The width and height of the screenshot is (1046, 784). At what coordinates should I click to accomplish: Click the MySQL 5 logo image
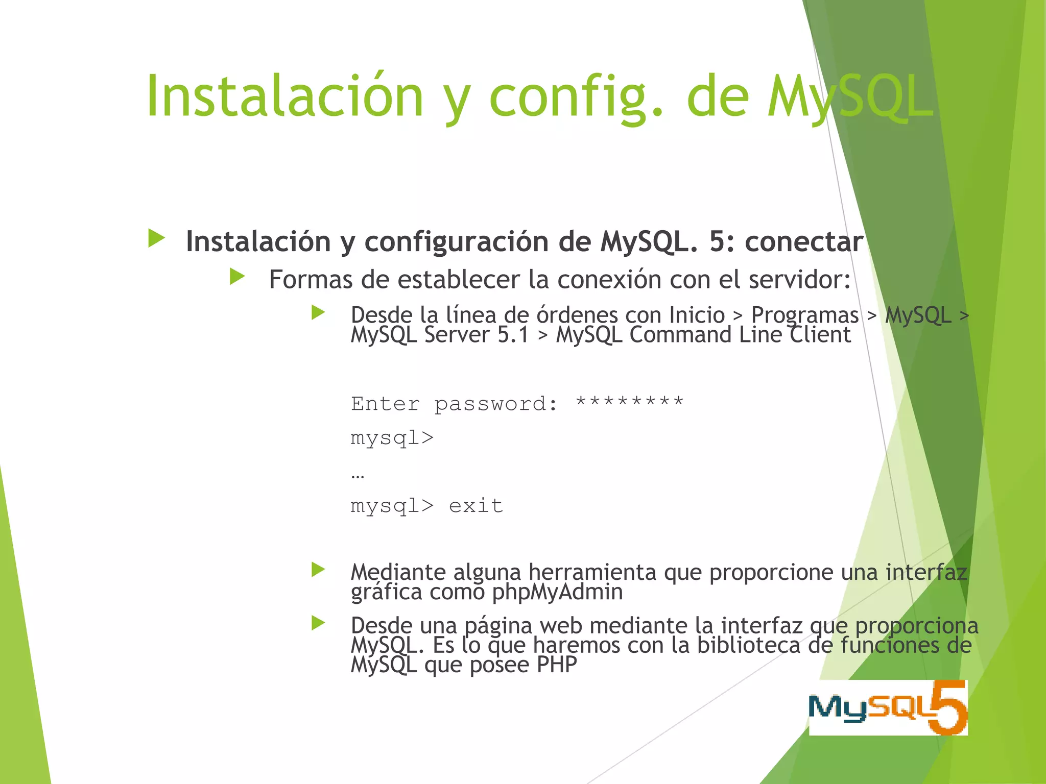pyautogui.click(x=888, y=707)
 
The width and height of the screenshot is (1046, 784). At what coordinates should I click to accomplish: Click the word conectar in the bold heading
pyautogui.click(x=804, y=241)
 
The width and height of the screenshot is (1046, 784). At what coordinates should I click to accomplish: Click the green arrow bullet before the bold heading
pyautogui.click(x=156, y=238)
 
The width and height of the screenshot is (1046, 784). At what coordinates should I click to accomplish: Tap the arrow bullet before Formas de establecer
pyautogui.click(x=237, y=277)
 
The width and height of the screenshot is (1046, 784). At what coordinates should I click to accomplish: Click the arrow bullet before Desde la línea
pyautogui.click(x=318, y=312)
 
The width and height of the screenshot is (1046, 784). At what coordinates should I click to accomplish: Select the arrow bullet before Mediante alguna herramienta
pyautogui.click(x=318, y=570)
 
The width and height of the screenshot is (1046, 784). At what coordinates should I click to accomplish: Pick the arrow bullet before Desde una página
pyautogui.click(x=318, y=623)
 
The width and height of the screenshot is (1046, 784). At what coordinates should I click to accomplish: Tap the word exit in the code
pyautogui.click(x=476, y=506)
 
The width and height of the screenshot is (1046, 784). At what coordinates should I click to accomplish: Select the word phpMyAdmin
pyautogui.click(x=557, y=592)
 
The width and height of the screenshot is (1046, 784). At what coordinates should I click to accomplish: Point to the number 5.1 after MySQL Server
pyautogui.click(x=513, y=335)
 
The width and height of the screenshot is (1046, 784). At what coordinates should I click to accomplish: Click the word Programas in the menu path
pyautogui.click(x=805, y=315)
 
